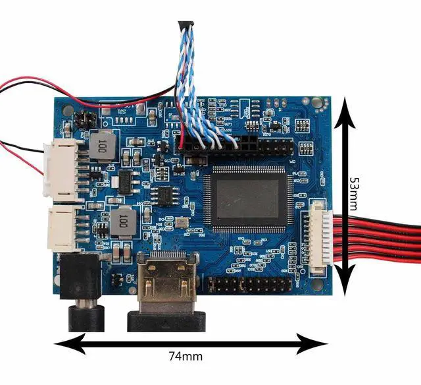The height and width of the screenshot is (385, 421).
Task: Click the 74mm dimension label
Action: point(186,357)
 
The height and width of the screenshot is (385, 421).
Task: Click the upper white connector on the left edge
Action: point(61,169)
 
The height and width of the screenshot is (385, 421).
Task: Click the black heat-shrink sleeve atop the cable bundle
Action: point(185,28)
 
